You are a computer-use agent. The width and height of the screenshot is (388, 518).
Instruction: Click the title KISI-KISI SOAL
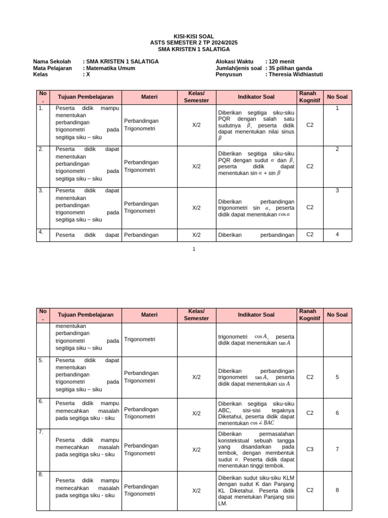[193, 37]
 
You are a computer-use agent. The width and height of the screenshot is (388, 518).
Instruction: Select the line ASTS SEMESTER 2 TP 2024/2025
[193, 43]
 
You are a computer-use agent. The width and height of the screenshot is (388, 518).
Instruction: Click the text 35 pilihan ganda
[290, 68]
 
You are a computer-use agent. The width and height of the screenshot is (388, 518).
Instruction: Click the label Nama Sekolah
[52, 62]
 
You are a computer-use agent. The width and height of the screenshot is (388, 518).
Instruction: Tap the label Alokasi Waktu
[234, 62]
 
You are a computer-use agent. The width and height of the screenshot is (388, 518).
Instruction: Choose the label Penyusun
[228, 74]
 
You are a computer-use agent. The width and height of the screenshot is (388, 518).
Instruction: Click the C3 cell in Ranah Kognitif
[310, 450]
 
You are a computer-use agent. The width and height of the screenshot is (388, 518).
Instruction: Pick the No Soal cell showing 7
[337, 450]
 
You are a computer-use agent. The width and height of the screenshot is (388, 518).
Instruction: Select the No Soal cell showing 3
[337, 191]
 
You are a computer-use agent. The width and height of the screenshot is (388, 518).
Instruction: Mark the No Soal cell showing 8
[337, 490]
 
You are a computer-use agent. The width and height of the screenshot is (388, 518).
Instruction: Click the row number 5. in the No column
[41, 360]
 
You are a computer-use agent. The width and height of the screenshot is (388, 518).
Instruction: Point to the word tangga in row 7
[286, 441]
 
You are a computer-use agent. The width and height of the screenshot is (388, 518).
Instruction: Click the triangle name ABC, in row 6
[225, 411]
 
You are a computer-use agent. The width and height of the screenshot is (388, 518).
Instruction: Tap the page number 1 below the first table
[193, 249]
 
